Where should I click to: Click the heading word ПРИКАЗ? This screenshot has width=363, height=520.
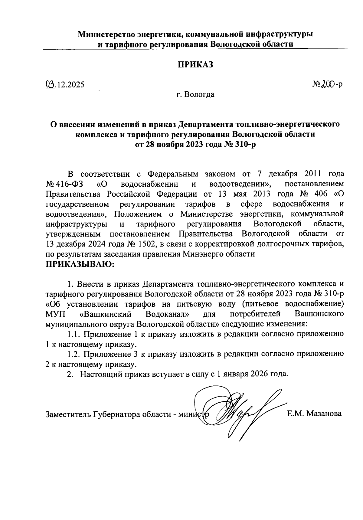pos(195,64)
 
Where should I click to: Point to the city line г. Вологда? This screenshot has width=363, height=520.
pos(195,94)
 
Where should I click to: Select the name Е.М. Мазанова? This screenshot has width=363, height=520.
pos(314,414)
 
